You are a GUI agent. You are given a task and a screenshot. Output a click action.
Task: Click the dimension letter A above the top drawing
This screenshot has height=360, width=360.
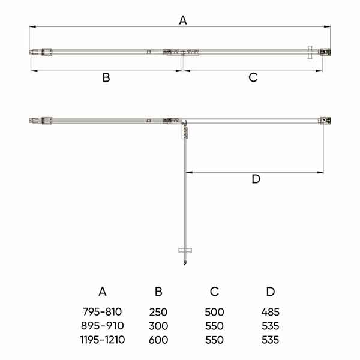coord(183,20)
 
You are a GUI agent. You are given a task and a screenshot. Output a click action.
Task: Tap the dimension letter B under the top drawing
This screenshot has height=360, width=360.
coord(106,77)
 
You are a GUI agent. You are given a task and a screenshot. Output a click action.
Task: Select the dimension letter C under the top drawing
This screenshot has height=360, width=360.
coord(253,77)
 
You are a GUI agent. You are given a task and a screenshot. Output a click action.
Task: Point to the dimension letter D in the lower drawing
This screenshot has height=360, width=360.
coord(256,179)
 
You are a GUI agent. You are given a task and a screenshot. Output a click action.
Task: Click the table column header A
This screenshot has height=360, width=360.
coord(103,292)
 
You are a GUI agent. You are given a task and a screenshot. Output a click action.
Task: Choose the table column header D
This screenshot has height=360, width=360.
coord(271,292)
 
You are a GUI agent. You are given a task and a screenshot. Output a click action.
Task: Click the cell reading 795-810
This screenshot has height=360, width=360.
coord(102,312)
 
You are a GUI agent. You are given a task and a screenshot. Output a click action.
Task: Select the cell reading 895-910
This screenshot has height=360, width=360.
coord(103,326)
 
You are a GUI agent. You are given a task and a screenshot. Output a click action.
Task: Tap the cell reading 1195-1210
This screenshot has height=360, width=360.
coord(103,340)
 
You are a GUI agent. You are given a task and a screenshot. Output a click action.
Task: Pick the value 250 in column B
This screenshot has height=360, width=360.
coord(158,312)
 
